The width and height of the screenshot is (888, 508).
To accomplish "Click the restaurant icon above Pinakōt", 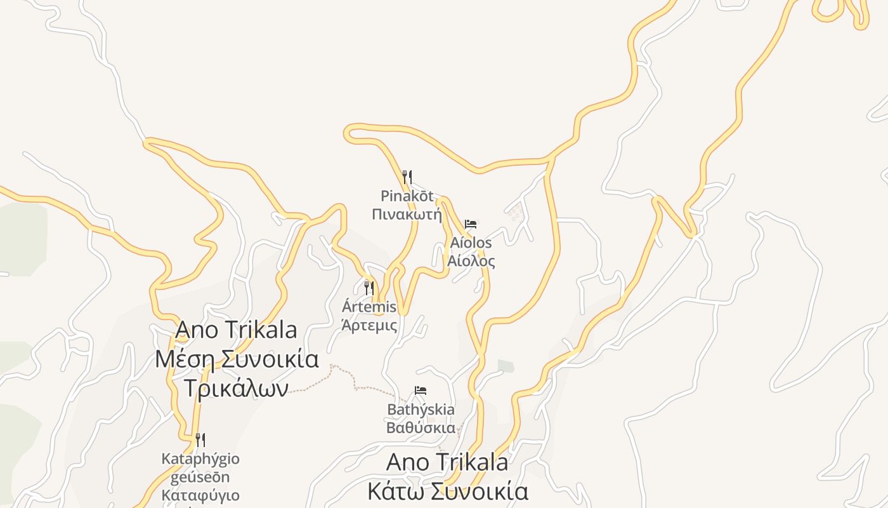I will pos(407,177).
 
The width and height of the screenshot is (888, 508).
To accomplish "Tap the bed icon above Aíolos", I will pos(471,224).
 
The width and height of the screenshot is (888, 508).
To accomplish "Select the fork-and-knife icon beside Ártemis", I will pos(369,288).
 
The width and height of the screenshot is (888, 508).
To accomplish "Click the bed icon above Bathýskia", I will pos(420,390).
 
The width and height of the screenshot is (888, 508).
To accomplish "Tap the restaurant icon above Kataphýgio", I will pos(200,439).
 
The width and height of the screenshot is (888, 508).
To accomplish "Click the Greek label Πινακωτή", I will pos(407,213).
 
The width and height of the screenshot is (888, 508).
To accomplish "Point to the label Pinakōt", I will pos(407,196).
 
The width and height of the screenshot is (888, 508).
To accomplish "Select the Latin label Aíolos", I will pos(471,243).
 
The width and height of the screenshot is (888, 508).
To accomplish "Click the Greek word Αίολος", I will pos(471,260).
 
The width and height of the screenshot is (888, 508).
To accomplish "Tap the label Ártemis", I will pos(369,307).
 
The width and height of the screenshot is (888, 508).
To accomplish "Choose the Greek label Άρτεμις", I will pos(369,326).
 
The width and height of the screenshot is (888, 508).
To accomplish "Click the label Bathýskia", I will pos(421,410).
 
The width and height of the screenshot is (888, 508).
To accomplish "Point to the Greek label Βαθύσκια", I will pos(421,427).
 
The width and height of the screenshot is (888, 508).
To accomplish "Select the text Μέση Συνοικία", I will pos(237,359).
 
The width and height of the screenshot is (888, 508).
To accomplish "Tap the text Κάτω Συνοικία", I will pos(448,491).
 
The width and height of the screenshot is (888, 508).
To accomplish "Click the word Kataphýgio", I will pos(200,458).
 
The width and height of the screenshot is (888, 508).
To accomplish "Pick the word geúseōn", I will pos(200,477).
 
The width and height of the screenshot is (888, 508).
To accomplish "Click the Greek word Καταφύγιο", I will pos(200,495).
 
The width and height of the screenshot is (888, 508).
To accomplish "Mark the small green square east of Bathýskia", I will pos(506,366).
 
